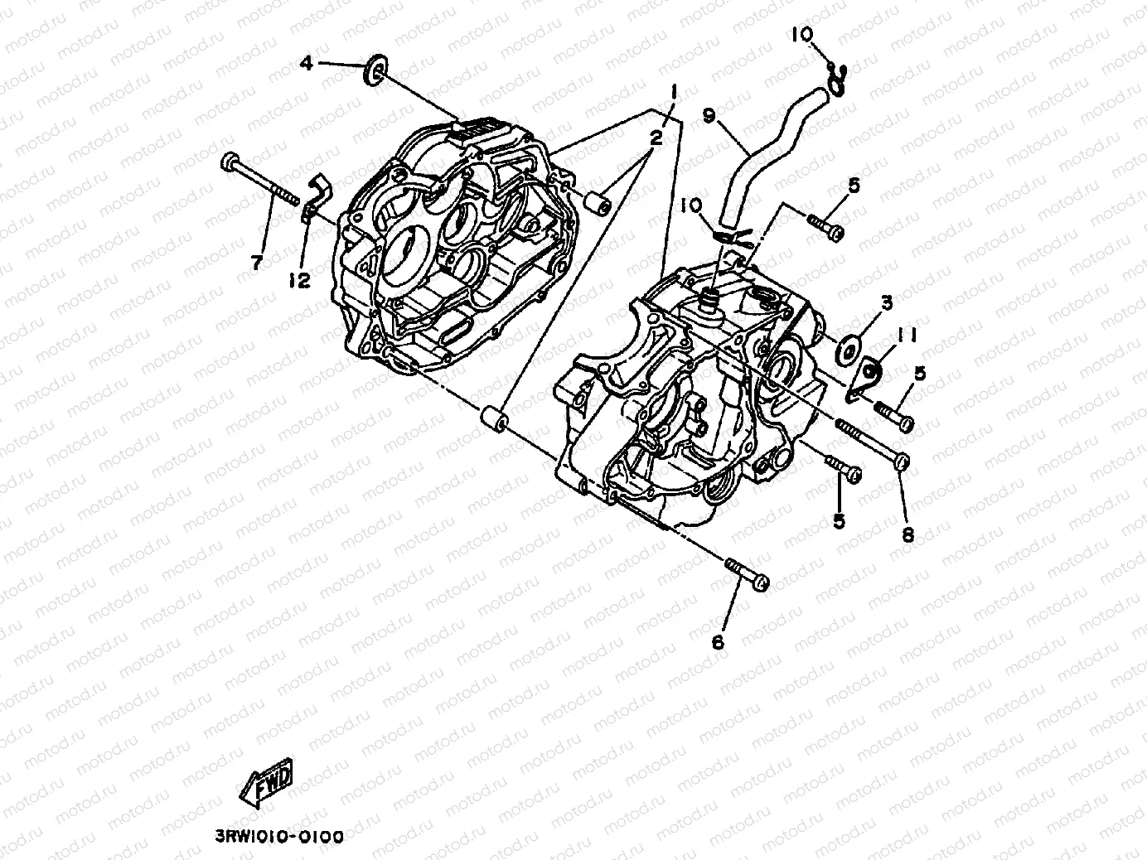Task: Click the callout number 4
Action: pyautogui.click(x=307, y=63)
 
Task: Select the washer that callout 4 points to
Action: pyautogui.click(x=375, y=70)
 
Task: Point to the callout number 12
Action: pyautogui.click(x=299, y=282)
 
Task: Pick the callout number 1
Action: pyautogui.click(x=675, y=91)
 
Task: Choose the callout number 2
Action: pyautogui.click(x=656, y=138)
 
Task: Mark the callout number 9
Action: pyautogui.click(x=709, y=116)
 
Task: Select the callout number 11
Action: pyautogui.click(x=907, y=335)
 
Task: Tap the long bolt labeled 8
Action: pyautogui.click(x=870, y=443)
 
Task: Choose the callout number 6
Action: pyautogui.click(x=718, y=642)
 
